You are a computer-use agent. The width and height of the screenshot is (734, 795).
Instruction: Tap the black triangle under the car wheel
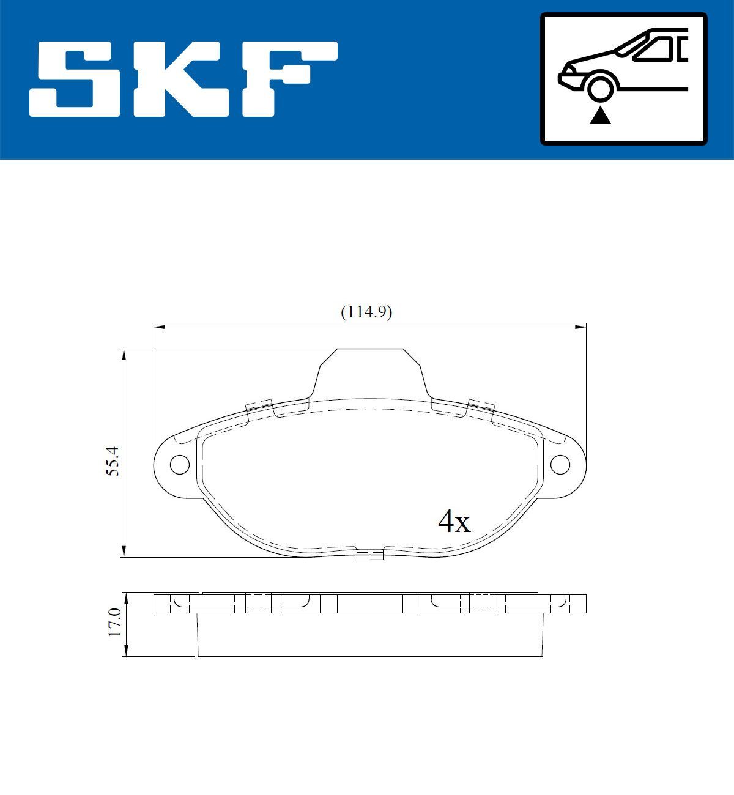click(600, 116)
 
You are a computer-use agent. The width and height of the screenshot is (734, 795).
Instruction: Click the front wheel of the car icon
click(600, 87)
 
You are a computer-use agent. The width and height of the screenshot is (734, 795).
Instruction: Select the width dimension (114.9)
click(366, 312)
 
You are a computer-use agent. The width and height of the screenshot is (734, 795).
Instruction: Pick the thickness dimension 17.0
click(114, 623)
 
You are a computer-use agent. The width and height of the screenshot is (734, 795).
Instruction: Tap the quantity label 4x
click(454, 522)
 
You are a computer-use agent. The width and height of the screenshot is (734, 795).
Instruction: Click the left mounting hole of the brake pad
click(179, 465)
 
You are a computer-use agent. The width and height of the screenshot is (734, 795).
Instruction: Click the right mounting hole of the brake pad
click(560, 465)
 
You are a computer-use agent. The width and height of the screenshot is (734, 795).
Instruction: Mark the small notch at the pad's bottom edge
click(369, 555)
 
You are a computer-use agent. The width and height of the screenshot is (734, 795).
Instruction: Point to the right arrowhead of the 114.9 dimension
click(582, 328)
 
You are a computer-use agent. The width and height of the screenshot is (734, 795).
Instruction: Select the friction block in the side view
click(369, 636)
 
